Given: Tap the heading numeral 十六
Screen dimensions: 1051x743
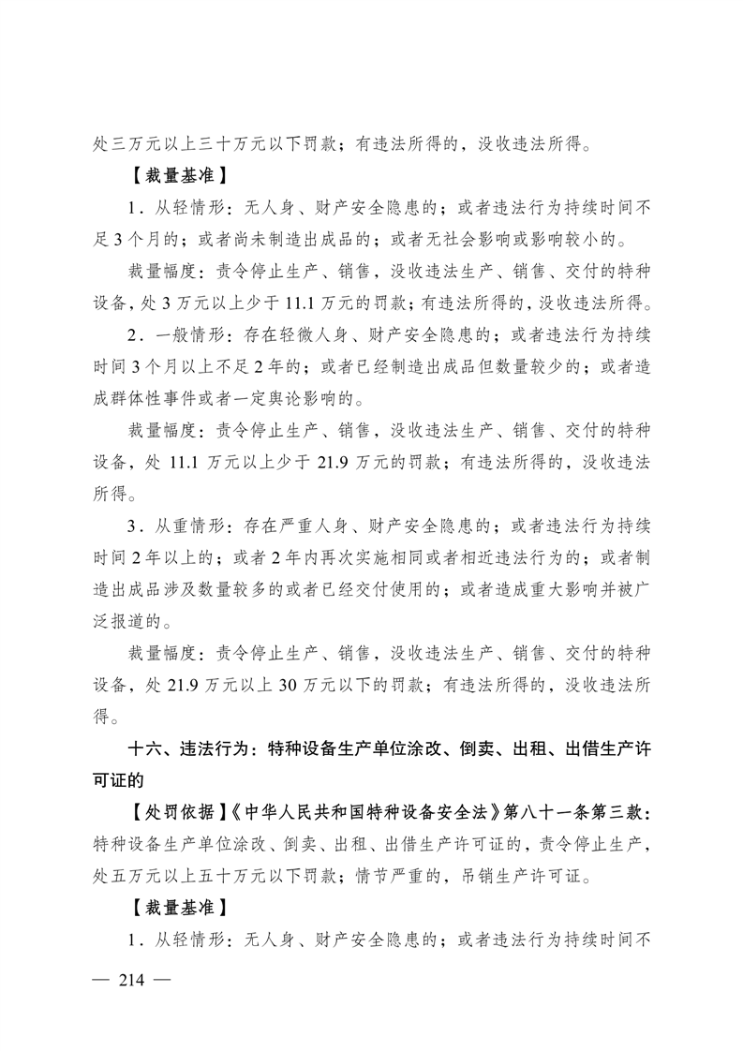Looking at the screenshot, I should pos(145,750).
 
